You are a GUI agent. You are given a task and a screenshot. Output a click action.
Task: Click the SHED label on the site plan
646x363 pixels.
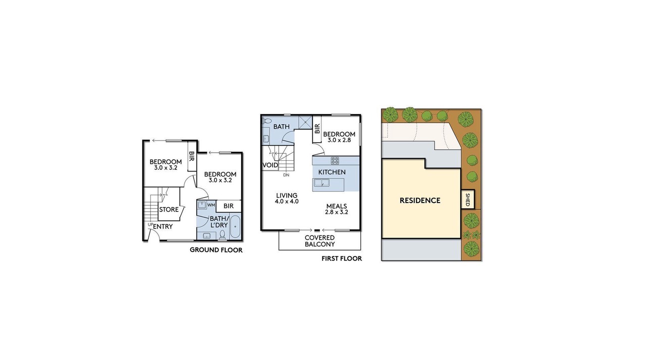pos(468,200)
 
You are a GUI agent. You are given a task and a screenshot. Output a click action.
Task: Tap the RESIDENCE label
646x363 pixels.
pos(420,201)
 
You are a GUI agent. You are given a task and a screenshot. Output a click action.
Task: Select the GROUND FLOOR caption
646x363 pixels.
pos(216,250)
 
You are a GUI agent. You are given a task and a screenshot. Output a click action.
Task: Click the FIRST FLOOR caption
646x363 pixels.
pos(342,259)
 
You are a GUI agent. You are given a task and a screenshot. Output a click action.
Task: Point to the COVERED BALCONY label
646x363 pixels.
pos(319,241)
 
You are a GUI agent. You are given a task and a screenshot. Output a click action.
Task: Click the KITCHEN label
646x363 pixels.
pos(332,172)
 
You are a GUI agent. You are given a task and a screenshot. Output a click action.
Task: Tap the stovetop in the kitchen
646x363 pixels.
pos(335,160)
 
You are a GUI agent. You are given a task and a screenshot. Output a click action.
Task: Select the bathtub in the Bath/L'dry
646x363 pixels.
pos(235,226)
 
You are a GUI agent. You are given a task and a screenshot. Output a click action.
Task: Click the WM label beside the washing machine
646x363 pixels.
pos(211,205)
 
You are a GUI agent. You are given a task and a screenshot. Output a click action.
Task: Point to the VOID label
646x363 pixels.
pos(270,165)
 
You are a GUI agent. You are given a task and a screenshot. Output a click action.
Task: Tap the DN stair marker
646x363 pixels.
pos(286,175)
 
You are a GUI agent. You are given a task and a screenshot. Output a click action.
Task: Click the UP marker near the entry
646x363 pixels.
pos(150,224)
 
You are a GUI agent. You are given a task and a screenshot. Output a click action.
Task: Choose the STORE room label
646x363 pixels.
pos(169,209)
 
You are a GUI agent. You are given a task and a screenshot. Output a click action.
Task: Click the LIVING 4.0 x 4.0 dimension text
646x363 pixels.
pos(287,201)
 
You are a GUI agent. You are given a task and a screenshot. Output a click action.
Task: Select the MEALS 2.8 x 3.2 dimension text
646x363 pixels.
pos(337,212)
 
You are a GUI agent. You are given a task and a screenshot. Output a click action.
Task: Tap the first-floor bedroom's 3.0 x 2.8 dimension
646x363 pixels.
pos(339,140)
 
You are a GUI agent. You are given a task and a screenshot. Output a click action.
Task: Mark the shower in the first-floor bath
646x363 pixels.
pos(305,123)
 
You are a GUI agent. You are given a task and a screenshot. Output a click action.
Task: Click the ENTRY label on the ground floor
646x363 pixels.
pos(163,227)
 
